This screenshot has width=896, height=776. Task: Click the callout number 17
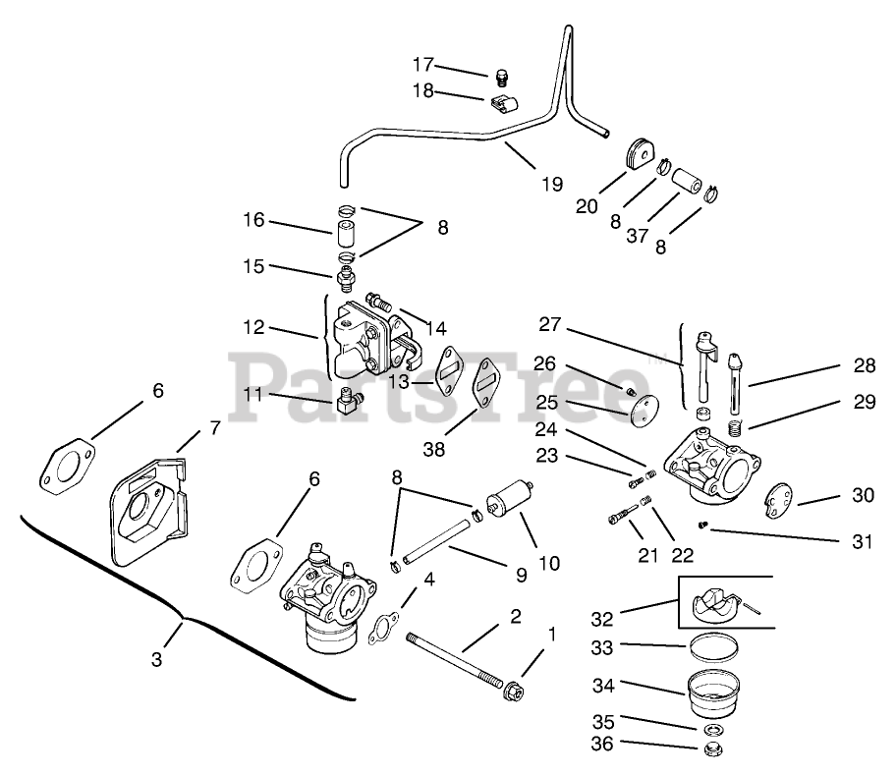423,65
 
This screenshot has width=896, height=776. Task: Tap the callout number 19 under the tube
552,184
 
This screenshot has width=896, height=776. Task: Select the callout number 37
638,235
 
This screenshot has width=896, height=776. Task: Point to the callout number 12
253,327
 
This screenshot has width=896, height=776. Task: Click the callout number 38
433,449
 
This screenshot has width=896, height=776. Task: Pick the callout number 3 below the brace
156,659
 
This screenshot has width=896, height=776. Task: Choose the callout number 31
863,540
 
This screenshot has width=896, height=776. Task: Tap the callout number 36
601,744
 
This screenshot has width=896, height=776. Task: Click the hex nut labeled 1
514,691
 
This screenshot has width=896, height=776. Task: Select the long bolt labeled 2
456,657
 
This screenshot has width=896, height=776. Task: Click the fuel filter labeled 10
509,495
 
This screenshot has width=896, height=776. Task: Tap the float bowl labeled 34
713,693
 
